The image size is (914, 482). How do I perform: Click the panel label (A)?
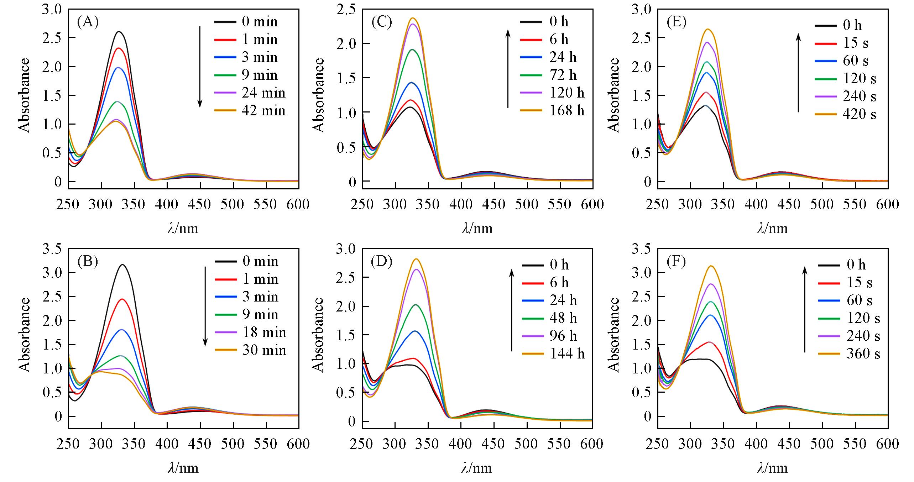[x=87, y=22]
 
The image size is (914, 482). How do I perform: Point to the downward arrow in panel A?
[x=200, y=67]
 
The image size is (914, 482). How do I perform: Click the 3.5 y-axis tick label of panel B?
[x=52, y=249]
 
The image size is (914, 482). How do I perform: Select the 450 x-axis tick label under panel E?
[x=789, y=204]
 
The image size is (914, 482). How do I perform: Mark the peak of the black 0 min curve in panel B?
[x=122, y=265]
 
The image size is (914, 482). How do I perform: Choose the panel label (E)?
[x=676, y=22]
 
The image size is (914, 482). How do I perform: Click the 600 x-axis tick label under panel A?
[x=298, y=204]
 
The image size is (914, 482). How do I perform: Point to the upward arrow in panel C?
[x=508, y=69]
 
